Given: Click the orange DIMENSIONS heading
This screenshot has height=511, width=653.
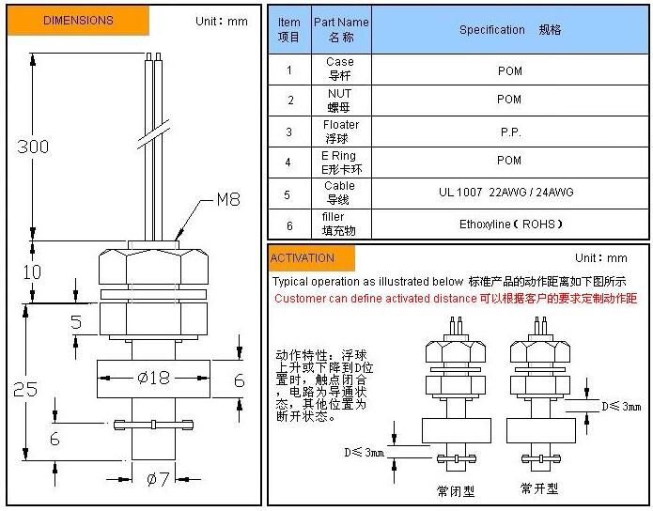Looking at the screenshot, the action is [78, 21].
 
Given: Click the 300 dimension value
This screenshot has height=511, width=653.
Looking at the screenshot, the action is [33, 147].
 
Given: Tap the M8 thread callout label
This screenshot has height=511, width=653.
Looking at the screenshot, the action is [228, 199].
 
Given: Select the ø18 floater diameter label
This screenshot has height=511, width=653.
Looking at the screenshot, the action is [154, 378].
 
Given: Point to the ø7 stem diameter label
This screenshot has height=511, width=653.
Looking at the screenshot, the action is [158, 479].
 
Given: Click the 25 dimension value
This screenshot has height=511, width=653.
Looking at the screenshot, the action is [25, 390].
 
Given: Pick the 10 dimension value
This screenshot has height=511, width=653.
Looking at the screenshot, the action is [32, 272].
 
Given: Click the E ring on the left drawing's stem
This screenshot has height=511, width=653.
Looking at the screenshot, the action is [153, 425].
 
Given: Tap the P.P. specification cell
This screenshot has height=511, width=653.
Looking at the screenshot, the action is [510, 132].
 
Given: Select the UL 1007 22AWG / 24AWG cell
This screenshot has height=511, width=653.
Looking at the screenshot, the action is [506, 193].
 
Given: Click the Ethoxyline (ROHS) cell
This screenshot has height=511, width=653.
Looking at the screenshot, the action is [510, 225].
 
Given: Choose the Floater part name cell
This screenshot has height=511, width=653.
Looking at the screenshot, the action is [341, 132].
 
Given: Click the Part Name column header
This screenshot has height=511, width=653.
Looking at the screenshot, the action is [341, 29].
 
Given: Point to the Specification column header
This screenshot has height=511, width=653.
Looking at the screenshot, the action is [510, 29].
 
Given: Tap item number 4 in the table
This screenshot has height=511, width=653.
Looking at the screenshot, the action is [288, 162].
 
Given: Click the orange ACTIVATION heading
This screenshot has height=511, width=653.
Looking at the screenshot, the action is [312, 257].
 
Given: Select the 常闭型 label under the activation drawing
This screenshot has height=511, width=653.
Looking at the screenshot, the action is [456, 491].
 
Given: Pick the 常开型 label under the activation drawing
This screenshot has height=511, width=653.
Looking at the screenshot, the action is [539, 488].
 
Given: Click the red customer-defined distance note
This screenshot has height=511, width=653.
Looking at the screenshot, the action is [456, 299].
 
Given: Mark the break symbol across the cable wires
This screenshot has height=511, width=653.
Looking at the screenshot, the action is [154, 134].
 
